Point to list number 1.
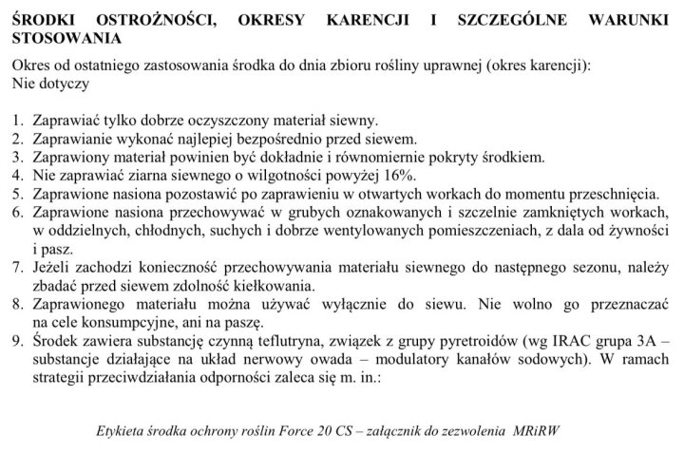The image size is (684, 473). [19, 121]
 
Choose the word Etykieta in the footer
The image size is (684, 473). [123, 430]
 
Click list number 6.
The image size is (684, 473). [19, 213]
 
